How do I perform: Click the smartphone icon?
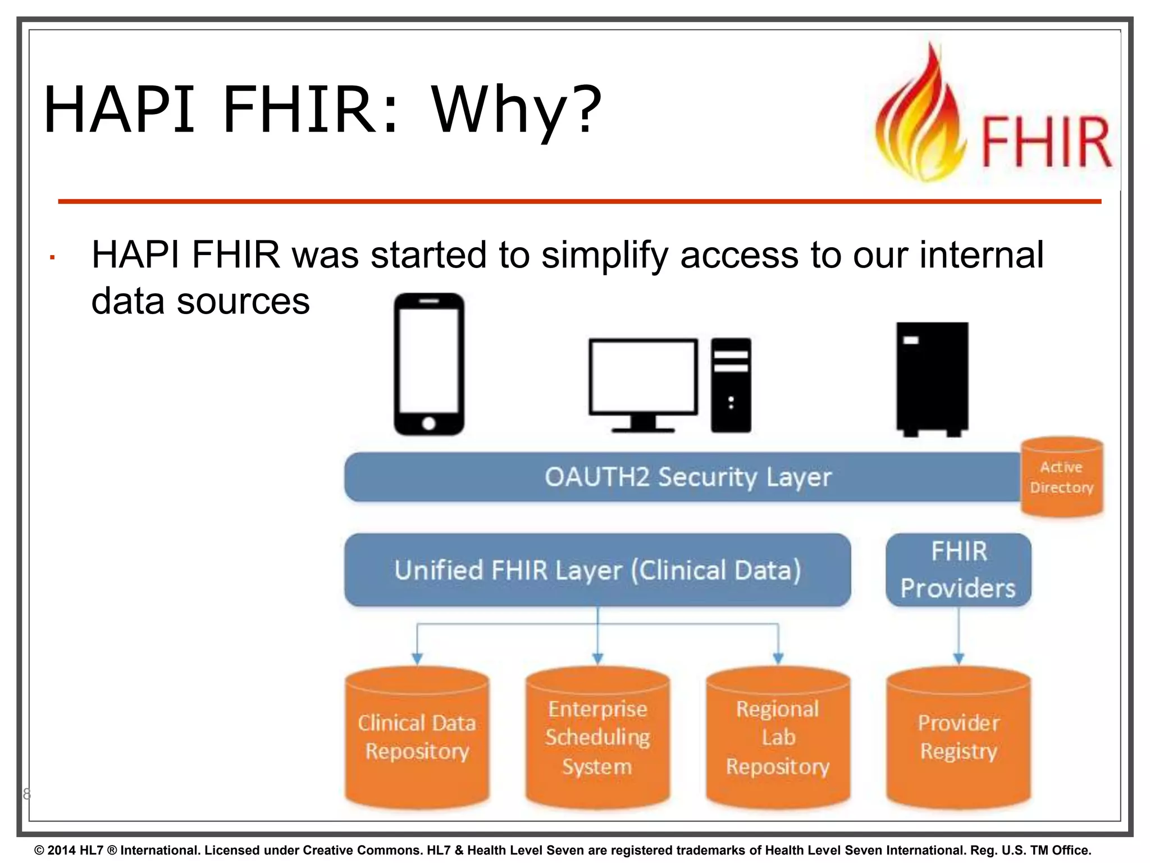tap(429, 364)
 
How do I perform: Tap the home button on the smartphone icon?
tap(429, 423)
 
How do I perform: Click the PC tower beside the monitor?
tap(731, 385)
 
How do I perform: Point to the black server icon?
tap(932, 378)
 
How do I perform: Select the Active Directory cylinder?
tap(1061, 477)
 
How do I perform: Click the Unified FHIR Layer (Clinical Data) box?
tap(597, 570)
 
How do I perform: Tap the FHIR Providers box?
tap(958, 570)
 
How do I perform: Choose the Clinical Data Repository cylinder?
tap(417, 737)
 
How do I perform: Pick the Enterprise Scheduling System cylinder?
tap(597, 737)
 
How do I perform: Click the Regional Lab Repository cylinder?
tap(778, 737)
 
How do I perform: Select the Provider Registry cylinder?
tap(959, 737)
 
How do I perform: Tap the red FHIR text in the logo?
tap(1046, 142)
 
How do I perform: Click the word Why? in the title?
tap(515, 109)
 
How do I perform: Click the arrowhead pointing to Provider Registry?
tap(959, 658)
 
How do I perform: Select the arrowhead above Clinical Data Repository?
tap(417, 658)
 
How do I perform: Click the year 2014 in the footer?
tap(61, 850)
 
